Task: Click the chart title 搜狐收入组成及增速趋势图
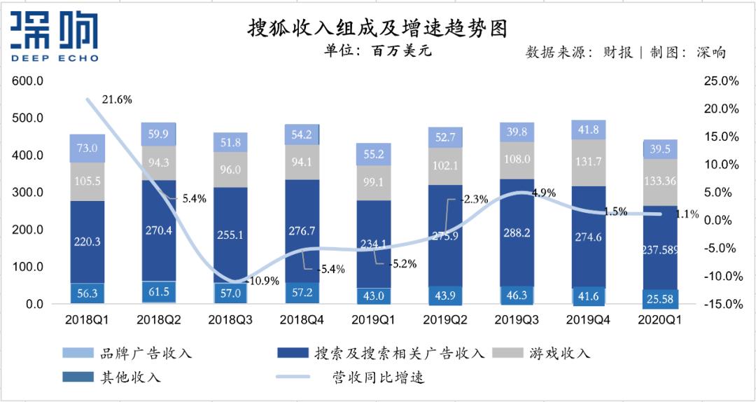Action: pyautogui.click(x=377, y=28)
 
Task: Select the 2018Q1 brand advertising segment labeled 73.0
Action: pyautogui.click(x=87, y=148)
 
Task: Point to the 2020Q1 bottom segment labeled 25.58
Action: pyautogui.click(x=661, y=299)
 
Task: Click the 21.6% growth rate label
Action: pyautogui.click(x=116, y=100)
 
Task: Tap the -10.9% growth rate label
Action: pyautogui.click(x=263, y=281)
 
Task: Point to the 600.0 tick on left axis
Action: pyautogui.click(x=28, y=81)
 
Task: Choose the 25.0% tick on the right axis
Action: pyautogui.click(x=722, y=81)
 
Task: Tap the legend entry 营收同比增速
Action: pyautogui.click(x=377, y=377)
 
